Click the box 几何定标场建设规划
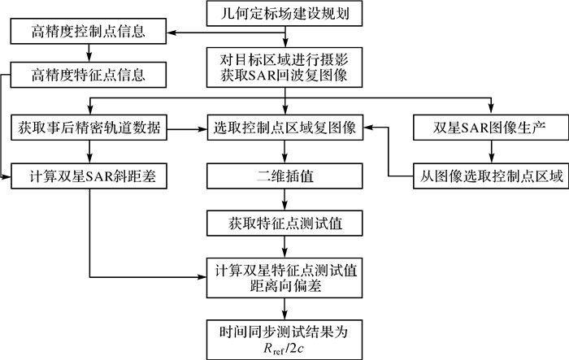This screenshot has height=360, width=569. click(x=284, y=13)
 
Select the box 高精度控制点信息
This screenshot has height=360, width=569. click(x=89, y=33)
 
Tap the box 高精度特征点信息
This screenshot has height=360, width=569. click(x=89, y=77)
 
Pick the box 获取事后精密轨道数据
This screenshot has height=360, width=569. click(x=89, y=128)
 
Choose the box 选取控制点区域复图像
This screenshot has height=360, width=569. click(x=284, y=128)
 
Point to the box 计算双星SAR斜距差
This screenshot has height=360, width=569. click(x=89, y=176)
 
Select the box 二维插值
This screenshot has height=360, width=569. click(x=284, y=176)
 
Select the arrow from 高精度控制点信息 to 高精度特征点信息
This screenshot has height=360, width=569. click(x=89, y=55)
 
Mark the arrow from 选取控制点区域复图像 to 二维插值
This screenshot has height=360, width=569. click(x=284, y=152)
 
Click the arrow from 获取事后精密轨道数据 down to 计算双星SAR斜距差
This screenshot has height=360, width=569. click(x=89, y=152)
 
